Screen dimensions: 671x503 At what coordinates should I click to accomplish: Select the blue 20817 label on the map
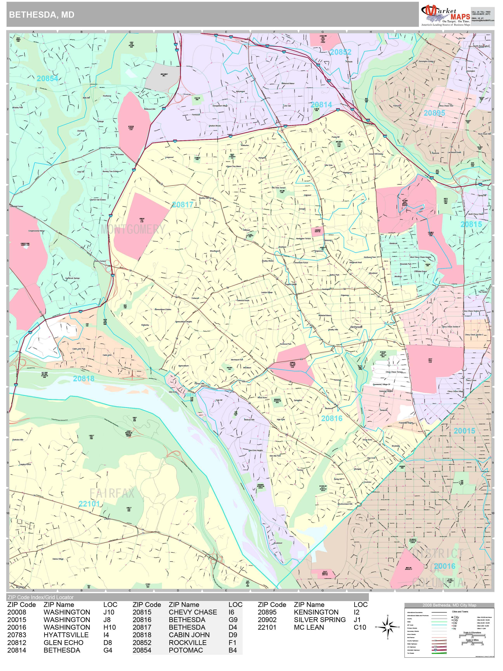coord(183,205)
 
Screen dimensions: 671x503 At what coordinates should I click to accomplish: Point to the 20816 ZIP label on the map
coord(332,419)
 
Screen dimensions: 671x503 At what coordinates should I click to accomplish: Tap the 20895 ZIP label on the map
coord(434,113)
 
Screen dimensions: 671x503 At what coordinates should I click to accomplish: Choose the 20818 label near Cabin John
coord(83,379)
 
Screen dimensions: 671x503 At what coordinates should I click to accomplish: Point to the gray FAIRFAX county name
coord(112,493)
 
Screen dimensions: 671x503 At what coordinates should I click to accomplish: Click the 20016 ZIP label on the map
coord(444,566)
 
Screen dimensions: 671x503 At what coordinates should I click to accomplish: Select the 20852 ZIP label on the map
coord(341,52)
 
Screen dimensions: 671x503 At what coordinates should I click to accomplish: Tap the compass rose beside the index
coord(388,627)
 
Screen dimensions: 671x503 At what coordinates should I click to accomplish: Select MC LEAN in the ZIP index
coord(309,627)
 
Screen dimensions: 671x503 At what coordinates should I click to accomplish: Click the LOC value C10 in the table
coord(360,627)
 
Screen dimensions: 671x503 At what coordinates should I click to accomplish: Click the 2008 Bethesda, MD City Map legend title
coord(449,605)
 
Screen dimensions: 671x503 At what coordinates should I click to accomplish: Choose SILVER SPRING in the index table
coord(320,620)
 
